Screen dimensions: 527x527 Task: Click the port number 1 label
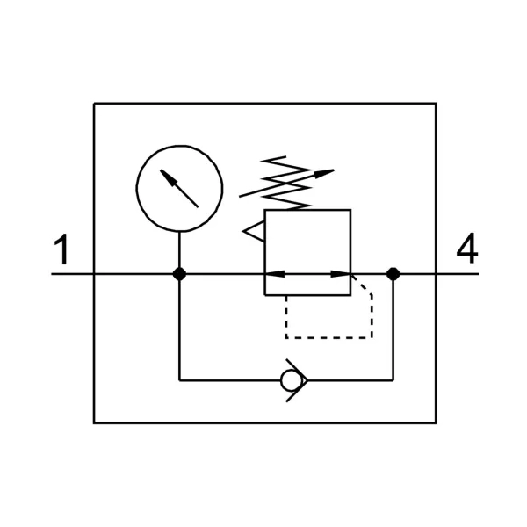pos(61,249)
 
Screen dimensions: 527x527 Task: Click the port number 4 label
pos(467,249)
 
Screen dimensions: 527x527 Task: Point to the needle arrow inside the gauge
pos(179,188)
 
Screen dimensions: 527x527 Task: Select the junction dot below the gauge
pos(179,274)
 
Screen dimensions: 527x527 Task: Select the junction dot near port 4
pos(393,274)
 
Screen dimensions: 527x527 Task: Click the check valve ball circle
pos(291,380)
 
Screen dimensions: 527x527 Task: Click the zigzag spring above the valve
pos(286,184)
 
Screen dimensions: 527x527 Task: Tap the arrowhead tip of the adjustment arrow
pos(334,170)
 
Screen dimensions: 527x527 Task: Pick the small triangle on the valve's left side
pos(254,231)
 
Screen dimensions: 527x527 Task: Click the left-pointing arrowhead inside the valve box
pos(275,274)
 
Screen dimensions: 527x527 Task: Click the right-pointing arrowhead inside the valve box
pos(341,274)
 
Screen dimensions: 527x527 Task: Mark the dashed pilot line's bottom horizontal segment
pos(328,338)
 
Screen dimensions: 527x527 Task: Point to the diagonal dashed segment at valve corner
pos(361,285)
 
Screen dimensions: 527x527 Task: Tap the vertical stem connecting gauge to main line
pos(179,249)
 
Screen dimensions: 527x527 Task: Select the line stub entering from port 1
pos(72,274)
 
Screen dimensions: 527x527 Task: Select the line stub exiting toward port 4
pos(458,274)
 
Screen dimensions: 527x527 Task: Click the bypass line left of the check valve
pos(230,380)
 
